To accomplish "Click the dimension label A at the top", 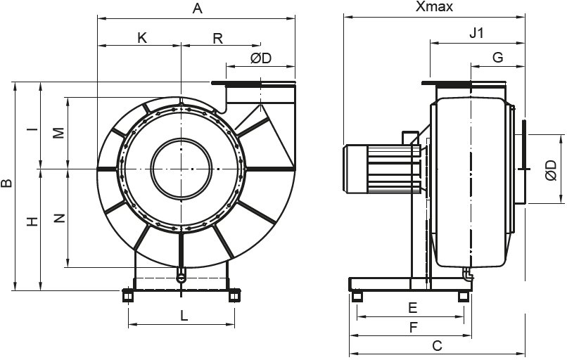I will pyautogui.click(x=197, y=9).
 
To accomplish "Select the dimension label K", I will pyautogui.click(x=142, y=38).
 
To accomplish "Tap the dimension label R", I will pyautogui.click(x=218, y=38).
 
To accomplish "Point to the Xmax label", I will pyautogui.click(x=434, y=8).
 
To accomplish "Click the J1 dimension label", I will pyautogui.click(x=477, y=33).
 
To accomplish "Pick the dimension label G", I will pyautogui.click(x=497, y=58).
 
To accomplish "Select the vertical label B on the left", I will pyautogui.click(x=7, y=184).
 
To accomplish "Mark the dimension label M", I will pyautogui.click(x=59, y=133).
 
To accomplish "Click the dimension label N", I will pyautogui.click(x=59, y=219).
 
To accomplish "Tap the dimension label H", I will pyautogui.click(x=32, y=221).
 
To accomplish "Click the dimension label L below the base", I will pyautogui.click(x=184, y=316).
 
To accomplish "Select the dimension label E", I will pyautogui.click(x=413, y=307).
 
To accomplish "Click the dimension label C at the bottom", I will pyautogui.click(x=437, y=345).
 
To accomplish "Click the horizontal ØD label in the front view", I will pyautogui.click(x=260, y=58).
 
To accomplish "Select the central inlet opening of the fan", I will pyautogui.click(x=181, y=168).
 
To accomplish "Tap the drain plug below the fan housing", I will pyautogui.click(x=181, y=275).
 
